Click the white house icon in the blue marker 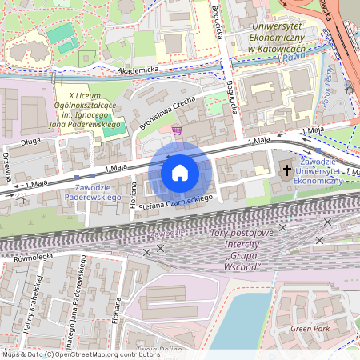point(180,172)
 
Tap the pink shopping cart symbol point(176,130)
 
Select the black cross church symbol point(286,170)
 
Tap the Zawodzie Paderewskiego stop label point(92,192)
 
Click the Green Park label point(310,328)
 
